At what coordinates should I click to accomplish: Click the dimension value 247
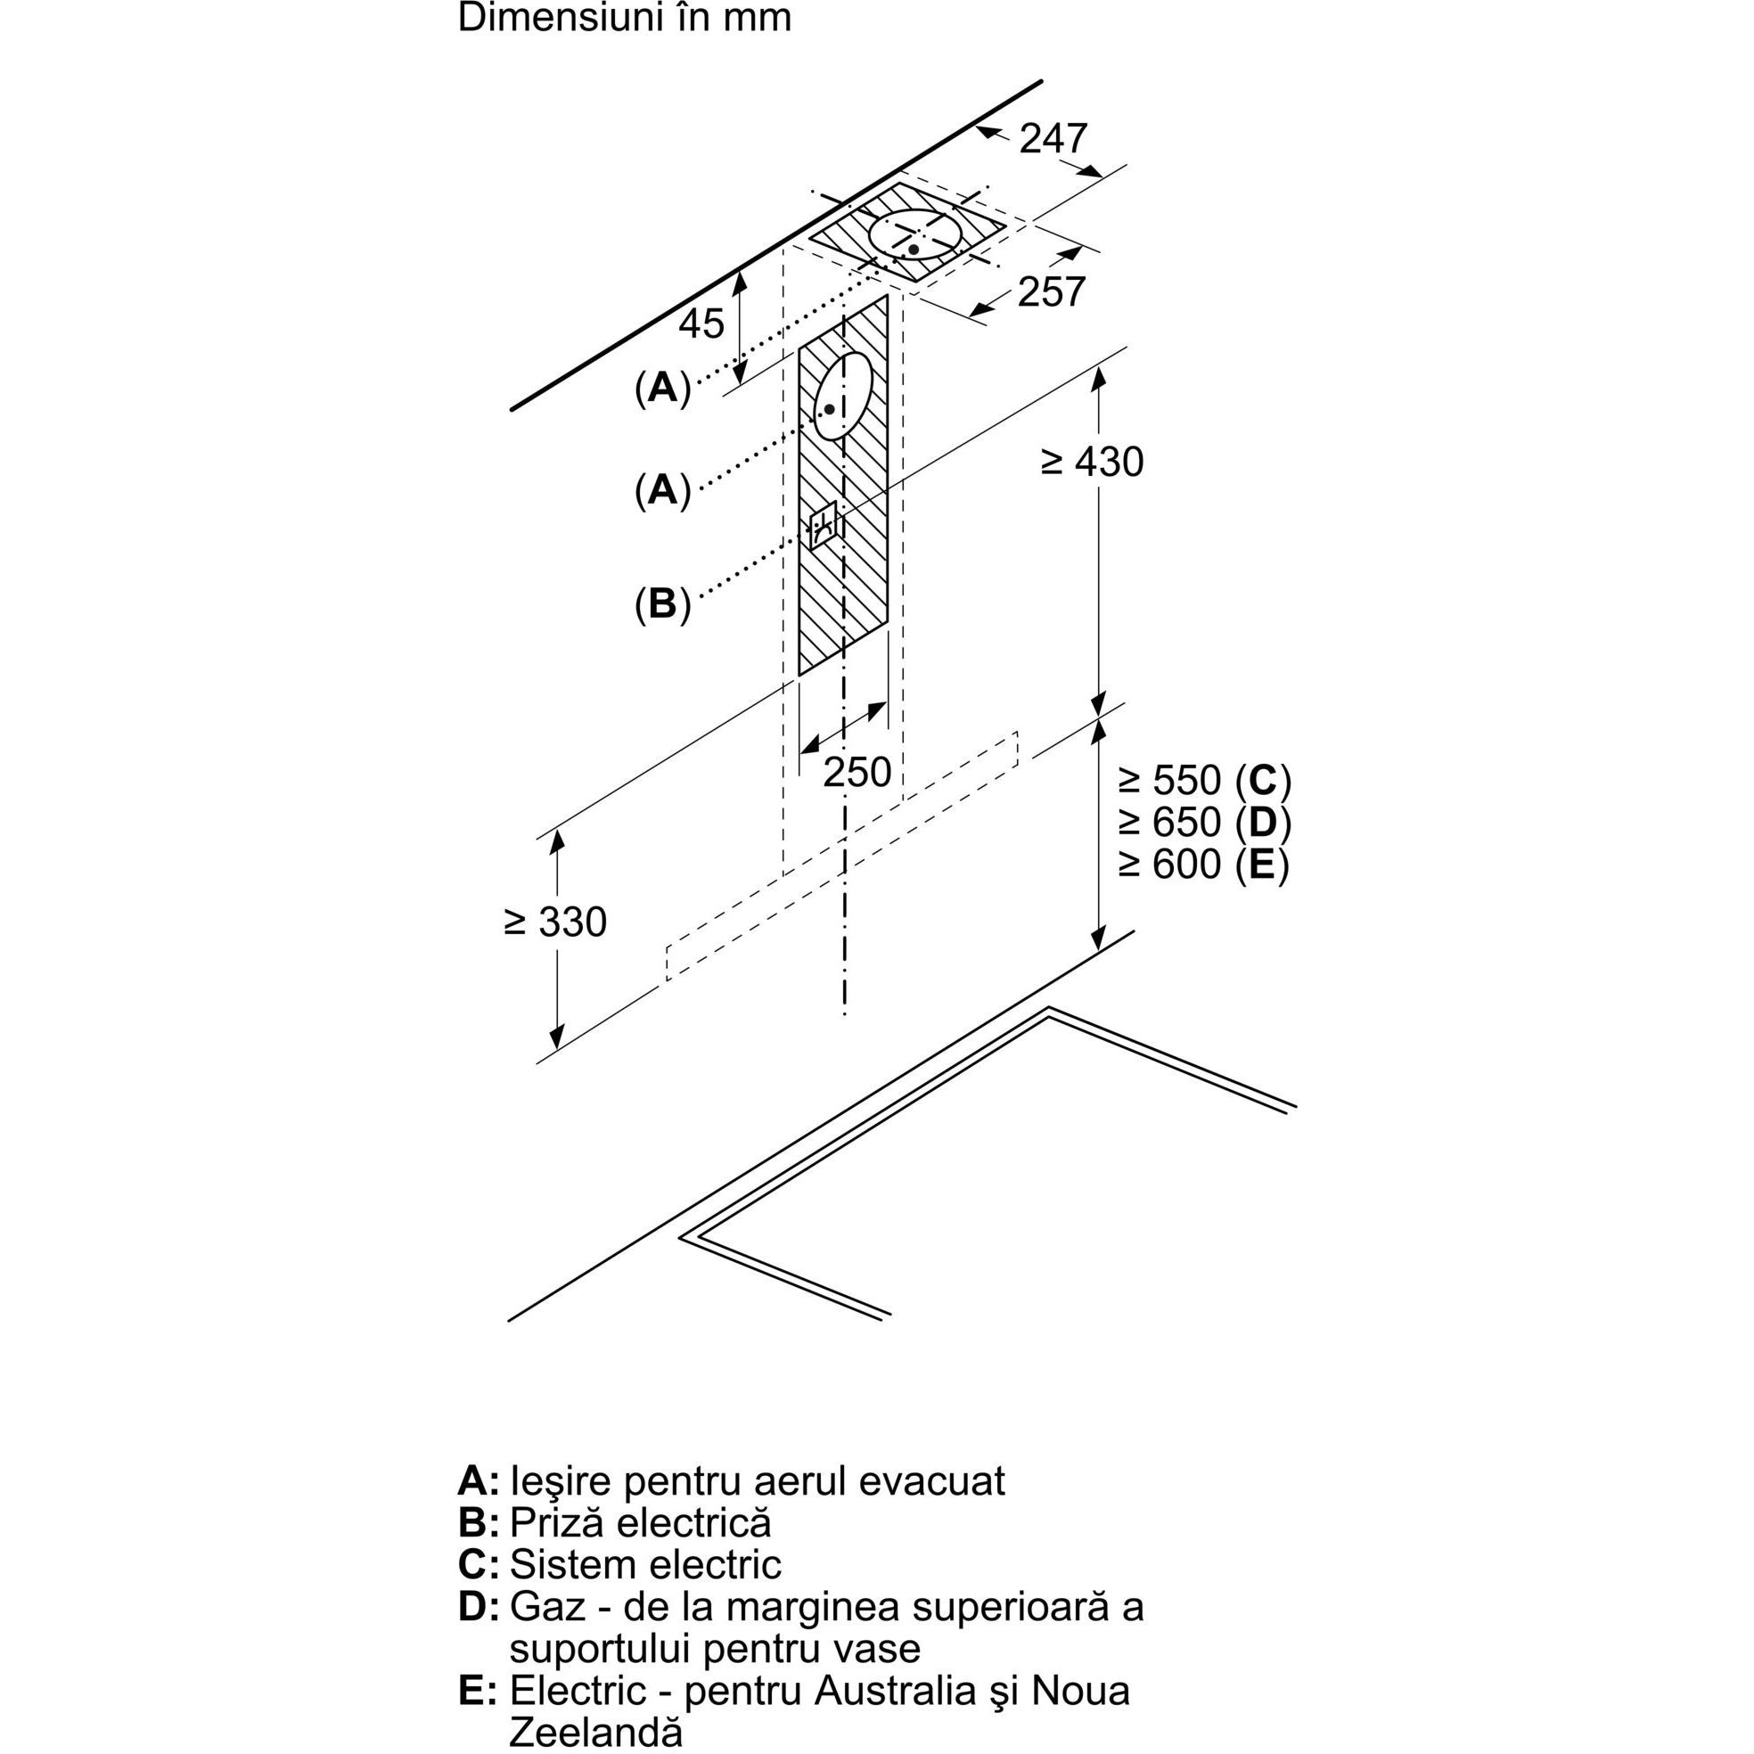click(1053, 139)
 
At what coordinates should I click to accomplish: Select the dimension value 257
click(1051, 291)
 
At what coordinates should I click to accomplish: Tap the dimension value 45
click(701, 324)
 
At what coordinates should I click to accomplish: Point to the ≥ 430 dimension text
click(1091, 462)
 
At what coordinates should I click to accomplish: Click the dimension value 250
click(857, 772)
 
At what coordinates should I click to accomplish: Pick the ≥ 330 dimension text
click(554, 922)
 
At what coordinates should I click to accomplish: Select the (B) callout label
click(663, 603)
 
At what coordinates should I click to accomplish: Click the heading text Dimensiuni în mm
click(625, 17)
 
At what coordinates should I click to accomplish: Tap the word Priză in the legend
click(557, 1522)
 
